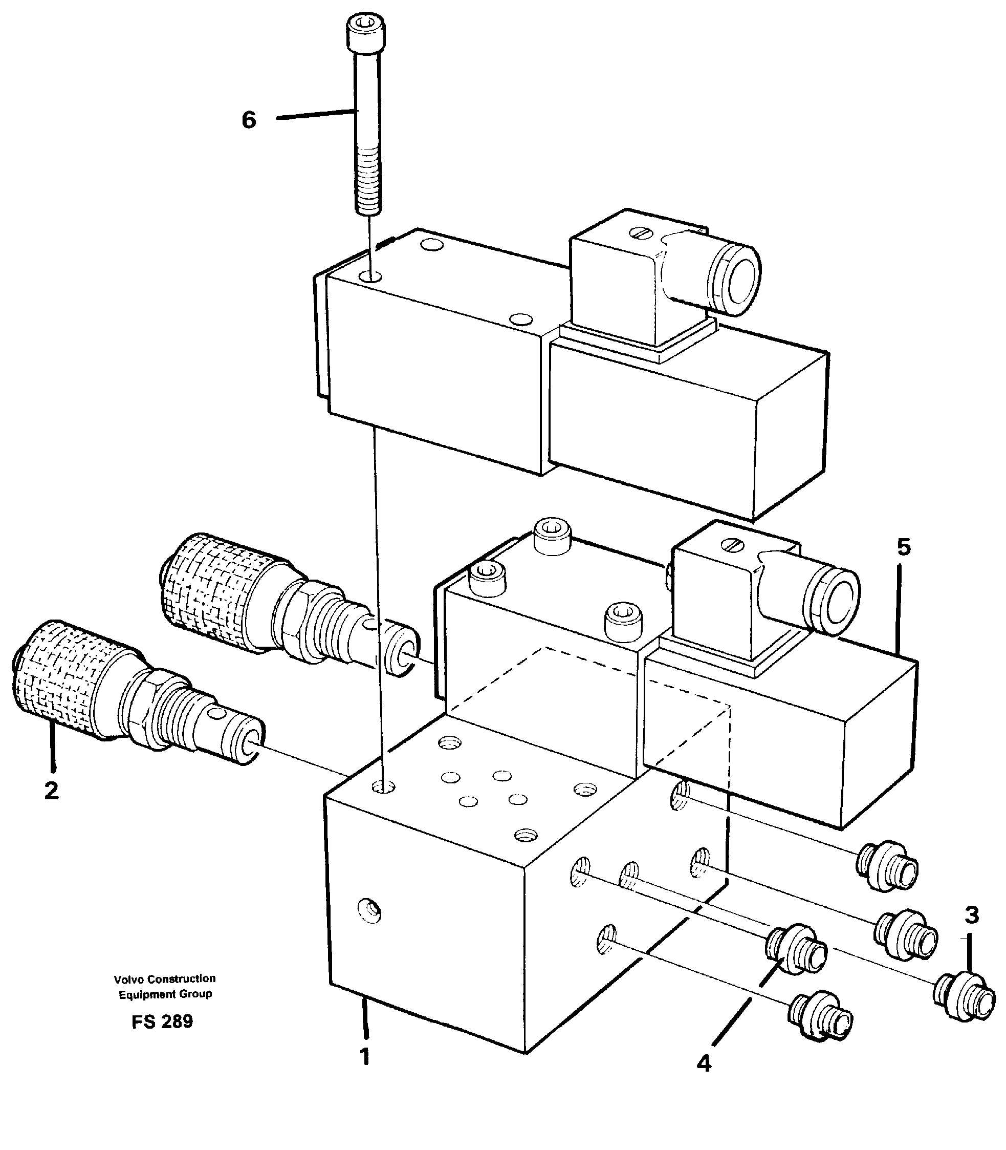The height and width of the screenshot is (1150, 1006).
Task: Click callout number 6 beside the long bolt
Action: (249, 120)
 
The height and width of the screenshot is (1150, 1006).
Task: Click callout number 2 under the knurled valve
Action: (51, 791)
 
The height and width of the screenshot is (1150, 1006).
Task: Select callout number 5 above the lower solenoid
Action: (903, 547)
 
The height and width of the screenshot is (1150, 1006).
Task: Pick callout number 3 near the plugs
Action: (972, 915)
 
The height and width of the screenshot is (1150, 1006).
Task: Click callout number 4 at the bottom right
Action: (704, 1063)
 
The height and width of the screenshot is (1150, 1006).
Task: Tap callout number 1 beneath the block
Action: (365, 1057)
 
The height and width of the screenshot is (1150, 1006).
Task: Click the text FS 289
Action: (162, 1021)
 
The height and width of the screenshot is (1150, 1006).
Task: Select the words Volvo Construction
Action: (164, 978)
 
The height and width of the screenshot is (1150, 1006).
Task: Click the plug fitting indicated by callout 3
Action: (964, 1004)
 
